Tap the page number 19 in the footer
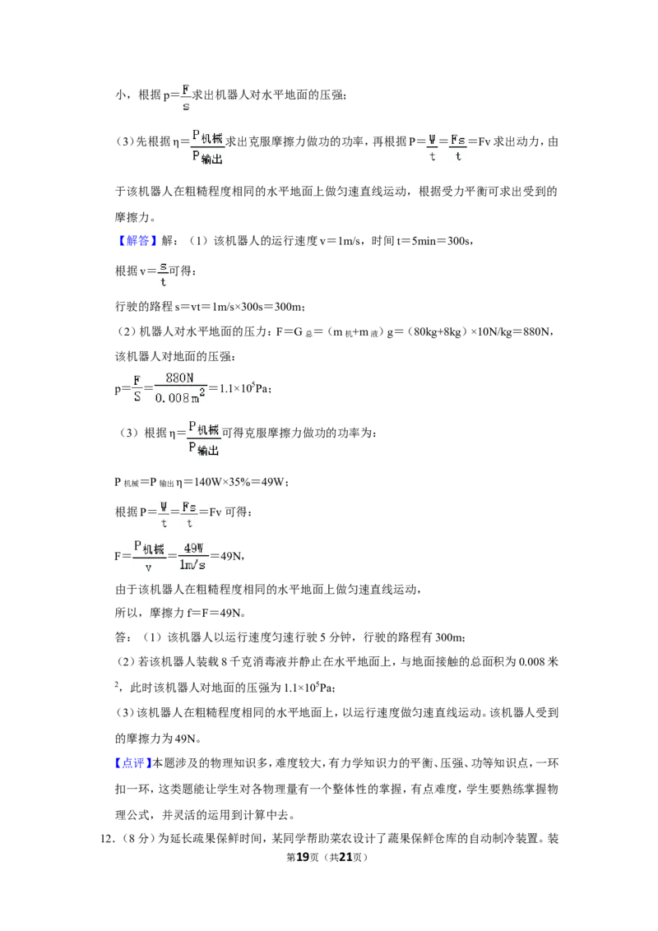coord(303,857)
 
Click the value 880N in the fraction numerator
coord(179,378)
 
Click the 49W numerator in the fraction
coord(193,548)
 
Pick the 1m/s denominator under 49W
coord(192,565)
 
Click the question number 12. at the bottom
coord(107,839)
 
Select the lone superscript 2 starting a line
coord(117,684)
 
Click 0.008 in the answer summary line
coord(532,662)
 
